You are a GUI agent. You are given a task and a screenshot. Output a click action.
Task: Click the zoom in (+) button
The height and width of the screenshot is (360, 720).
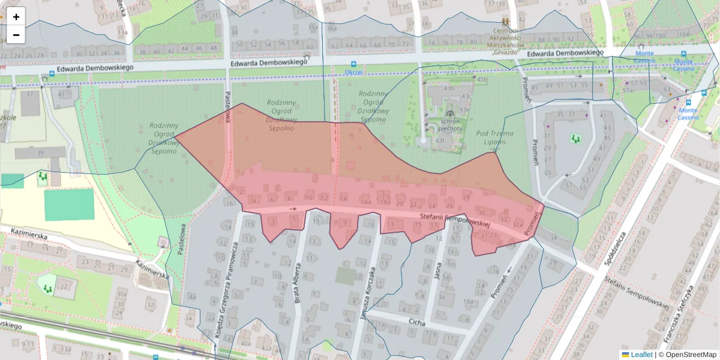tap(16, 16)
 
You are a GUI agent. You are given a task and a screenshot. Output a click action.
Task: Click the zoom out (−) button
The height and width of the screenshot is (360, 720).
tap(16, 35)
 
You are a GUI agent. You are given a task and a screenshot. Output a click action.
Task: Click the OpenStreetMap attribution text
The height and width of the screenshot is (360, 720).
tap(690, 355)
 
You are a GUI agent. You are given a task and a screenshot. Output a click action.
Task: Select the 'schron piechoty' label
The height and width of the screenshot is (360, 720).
tap(450, 124)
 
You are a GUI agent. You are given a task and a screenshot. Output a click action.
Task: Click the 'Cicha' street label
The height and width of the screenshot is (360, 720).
tap(416, 323)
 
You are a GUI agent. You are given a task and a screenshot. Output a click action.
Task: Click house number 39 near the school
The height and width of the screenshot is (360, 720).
tap(40, 154)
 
